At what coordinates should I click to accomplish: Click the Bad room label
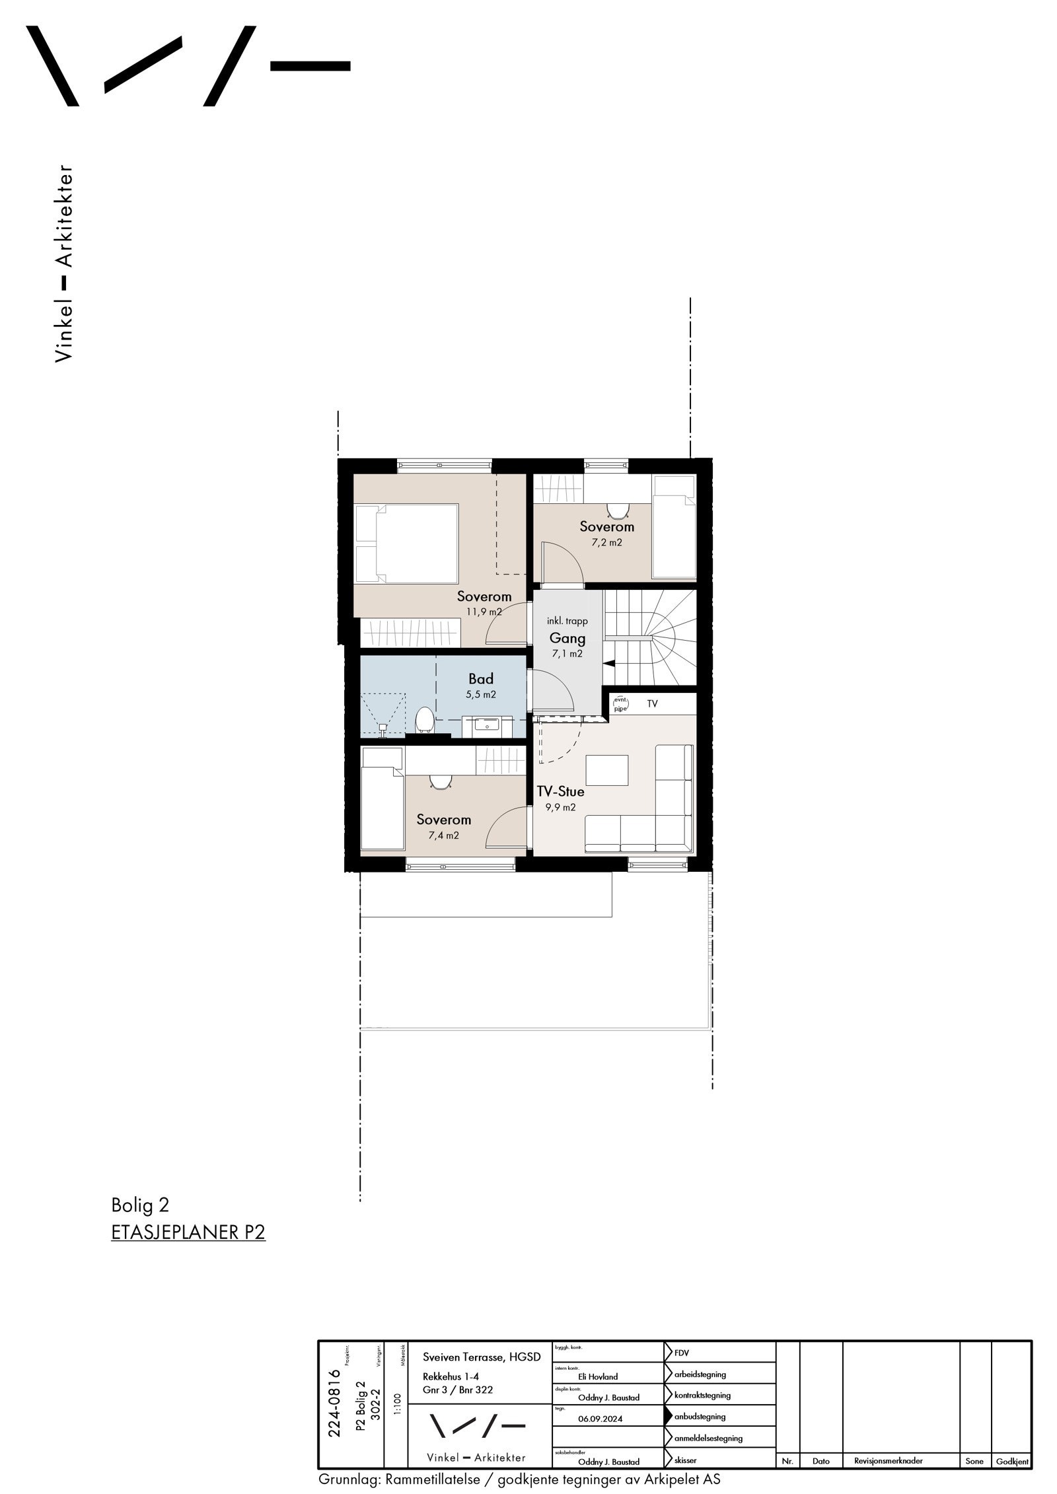pos(480,678)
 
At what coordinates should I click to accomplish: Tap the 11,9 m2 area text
pos(484,612)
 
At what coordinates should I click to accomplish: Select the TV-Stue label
pos(560,791)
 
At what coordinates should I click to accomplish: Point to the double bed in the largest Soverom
pos(406,543)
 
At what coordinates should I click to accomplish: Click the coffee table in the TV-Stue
pos(607,770)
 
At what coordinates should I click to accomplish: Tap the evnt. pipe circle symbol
pos(620,703)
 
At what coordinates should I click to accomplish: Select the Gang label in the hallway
pos(567,638)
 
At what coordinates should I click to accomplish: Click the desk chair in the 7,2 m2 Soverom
pos(617,511)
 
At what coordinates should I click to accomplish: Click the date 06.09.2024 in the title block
pos(599,1419)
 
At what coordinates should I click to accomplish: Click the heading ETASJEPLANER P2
pos(188,1233)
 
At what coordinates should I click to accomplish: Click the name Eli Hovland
pos(597,1376)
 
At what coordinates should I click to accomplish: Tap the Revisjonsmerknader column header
pos(887,1461)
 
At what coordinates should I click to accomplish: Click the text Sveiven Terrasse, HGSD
pos(481,1357)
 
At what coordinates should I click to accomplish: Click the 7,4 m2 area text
pos(443,835)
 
